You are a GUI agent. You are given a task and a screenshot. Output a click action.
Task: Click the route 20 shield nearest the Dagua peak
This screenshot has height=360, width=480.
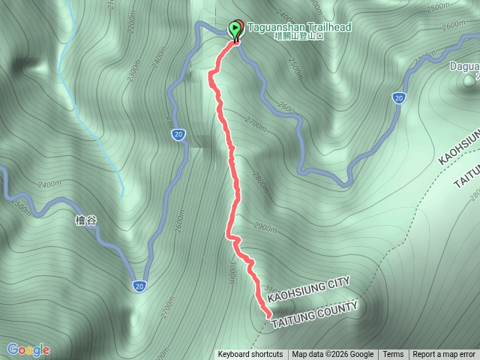tap(398, 97)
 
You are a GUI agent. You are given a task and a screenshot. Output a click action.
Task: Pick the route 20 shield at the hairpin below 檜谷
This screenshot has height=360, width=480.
tap(139, 286)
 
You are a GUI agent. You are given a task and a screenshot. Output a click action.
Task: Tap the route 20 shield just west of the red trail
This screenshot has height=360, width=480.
tap(178, 135)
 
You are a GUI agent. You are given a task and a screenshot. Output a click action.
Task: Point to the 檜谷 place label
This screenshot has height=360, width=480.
tap(86, 220)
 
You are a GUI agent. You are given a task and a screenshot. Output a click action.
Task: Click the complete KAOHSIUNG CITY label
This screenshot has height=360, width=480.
tap(309, 289)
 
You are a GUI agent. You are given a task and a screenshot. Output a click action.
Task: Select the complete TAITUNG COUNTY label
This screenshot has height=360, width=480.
tap(314, 315)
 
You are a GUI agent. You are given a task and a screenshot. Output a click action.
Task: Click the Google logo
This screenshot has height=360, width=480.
tap(28, 349)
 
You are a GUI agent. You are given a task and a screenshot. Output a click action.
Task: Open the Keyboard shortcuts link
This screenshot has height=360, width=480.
tap(250, 355)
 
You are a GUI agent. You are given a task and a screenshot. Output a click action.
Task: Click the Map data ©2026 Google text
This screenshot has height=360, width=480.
tap(333, 355)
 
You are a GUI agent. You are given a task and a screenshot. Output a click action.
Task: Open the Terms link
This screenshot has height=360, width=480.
tap(393, 355)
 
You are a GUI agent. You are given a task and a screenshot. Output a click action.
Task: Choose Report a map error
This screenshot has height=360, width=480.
tap(444, 355)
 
